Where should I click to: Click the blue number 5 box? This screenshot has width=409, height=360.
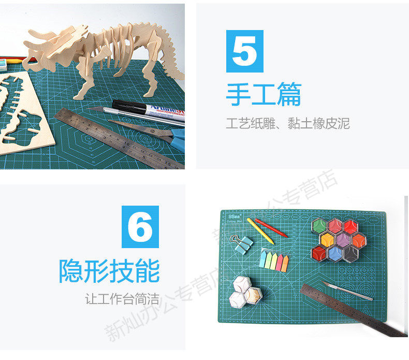coord(244,51)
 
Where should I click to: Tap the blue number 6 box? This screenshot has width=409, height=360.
coord(140,226)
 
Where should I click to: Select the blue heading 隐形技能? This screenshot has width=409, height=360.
coord(109,271)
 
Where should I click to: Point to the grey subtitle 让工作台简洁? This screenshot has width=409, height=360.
coord(122,299)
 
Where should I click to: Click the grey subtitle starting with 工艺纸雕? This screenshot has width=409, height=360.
coord(288,124)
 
